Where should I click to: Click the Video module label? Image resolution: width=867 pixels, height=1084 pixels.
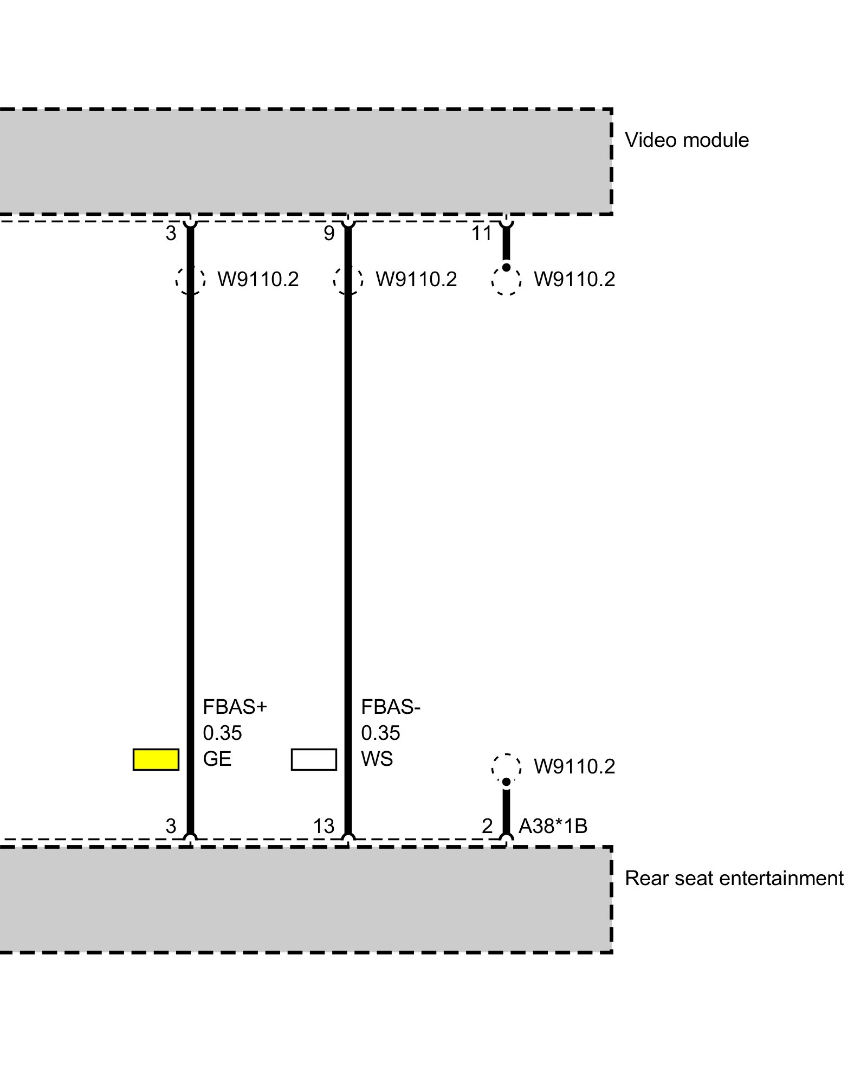[x=687, y=140]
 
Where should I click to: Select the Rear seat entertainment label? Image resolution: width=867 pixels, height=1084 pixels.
[x=734, y=878]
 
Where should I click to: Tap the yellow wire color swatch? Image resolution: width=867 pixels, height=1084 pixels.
[x=156, y=759]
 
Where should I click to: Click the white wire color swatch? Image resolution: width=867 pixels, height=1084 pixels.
[x=314, y=759]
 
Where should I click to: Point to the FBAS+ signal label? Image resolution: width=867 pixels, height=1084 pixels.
[x=235, y=707]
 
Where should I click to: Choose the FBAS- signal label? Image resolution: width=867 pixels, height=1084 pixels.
[x=391, y=707]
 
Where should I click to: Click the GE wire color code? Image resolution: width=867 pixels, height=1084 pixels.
[x=217, y=759]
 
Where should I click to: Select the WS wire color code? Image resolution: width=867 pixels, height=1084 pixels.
[x=377, y=759]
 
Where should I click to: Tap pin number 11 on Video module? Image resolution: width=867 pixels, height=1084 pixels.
[x=482, y=234]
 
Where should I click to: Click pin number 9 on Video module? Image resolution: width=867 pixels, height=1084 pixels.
[x=329, y=234]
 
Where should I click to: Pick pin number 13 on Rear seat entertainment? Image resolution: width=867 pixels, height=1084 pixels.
[x=323, y=826]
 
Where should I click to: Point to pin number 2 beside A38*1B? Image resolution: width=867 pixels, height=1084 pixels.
[x=487, y=826]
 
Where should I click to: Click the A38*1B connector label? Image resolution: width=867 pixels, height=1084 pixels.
[x=553, y=826]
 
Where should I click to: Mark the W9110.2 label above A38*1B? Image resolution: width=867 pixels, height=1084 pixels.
[x=574, y=767]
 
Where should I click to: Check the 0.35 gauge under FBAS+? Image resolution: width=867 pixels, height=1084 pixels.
[x=222, y=733]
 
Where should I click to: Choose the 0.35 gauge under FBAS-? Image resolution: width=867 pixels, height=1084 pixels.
[x=380, y=733]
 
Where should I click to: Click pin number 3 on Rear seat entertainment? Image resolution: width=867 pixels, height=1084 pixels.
[x=171, y=826]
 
